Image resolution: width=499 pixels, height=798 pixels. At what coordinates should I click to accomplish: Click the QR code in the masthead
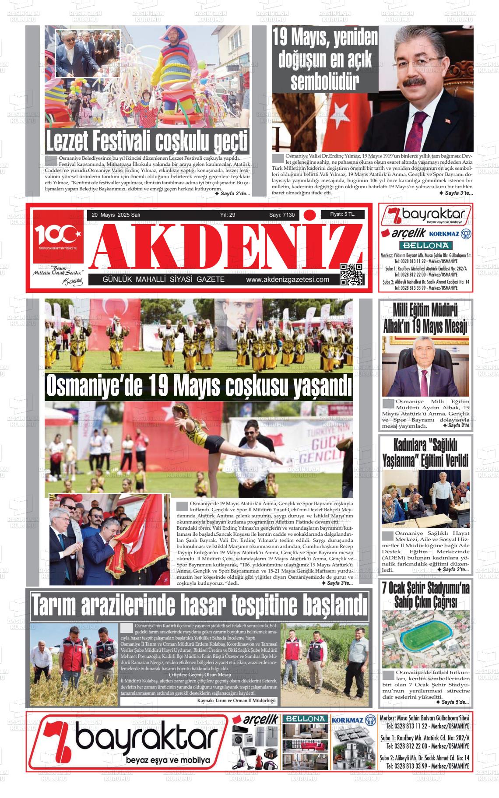point(351,275)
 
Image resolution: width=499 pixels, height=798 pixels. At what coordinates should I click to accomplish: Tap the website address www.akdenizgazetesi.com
point(288,280)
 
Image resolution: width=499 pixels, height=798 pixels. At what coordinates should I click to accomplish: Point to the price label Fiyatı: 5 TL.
point(342,214)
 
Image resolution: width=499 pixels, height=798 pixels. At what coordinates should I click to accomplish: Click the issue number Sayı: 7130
point(282,215)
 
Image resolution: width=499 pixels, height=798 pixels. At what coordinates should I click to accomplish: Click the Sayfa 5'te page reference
point(453,702)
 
